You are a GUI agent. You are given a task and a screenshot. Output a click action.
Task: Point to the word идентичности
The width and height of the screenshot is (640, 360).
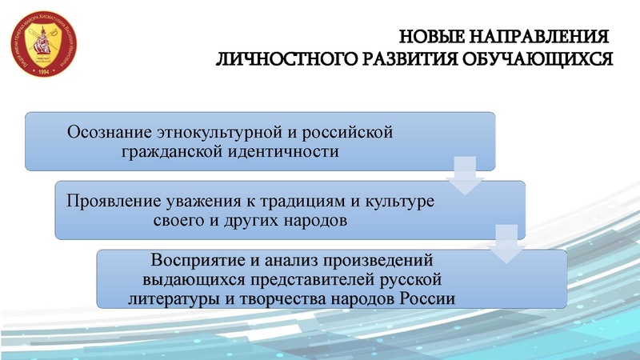tap(289, 150)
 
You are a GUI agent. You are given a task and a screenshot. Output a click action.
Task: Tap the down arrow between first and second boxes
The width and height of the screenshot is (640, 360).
tap(466, 176)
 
